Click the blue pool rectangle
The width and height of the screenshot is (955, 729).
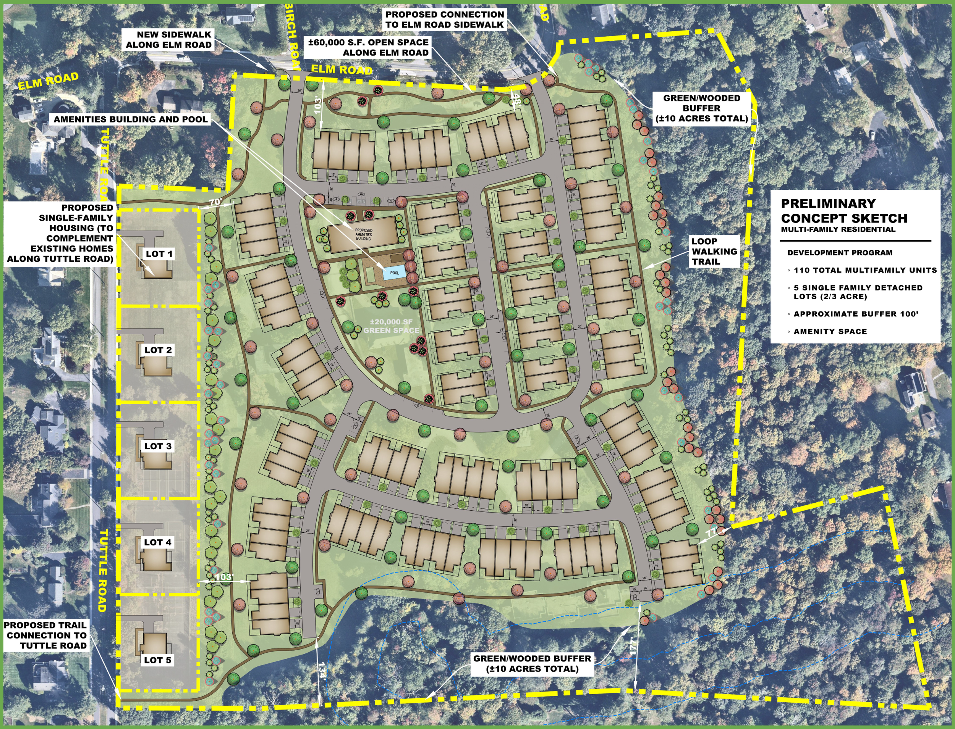pos(394,273)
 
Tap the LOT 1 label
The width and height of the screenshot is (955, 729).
pos(159,254)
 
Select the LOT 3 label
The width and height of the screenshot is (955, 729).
pos(158,446)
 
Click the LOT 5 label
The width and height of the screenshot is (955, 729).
pos(158,660)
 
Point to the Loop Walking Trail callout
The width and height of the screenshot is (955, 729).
pos(714,251)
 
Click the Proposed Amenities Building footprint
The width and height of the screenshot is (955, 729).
pos(363,235)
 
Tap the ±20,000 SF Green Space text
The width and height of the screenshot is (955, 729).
pos(391,326)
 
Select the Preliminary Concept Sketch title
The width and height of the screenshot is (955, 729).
pos(844,211)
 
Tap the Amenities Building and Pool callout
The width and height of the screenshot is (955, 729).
pos(131,119)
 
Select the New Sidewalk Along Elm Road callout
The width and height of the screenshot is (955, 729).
pos(168,39)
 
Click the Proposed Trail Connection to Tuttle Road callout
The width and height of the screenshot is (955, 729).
pos(45,635)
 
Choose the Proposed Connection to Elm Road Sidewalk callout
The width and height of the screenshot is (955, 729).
pos(445,19)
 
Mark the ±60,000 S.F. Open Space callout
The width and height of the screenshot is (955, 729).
pos(368,47)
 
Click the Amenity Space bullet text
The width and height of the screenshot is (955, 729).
pos(830,332)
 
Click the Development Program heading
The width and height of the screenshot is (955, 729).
pos(840,253)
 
